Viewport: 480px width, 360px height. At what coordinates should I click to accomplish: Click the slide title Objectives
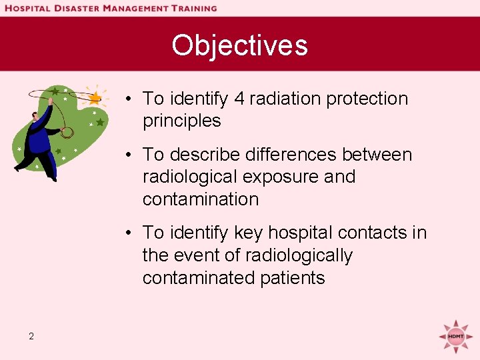click(x=239, y=45)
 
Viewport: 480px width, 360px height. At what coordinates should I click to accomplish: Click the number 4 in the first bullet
click(x=239, y=99)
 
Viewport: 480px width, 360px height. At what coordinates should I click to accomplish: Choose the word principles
click(x=181, y=121)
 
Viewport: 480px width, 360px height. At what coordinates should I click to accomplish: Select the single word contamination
click(x=200, y=199)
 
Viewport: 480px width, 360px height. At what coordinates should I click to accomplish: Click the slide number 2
click(x=31, y=336)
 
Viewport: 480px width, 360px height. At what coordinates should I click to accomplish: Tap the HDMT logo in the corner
click(x=455, y=335)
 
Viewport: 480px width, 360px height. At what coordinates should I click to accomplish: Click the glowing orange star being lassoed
click(x=95, y=98)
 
